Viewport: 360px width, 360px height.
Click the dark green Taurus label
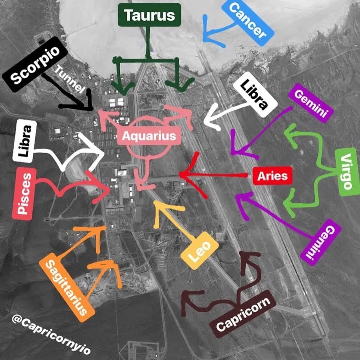pyautogui.click(x=150, y=15)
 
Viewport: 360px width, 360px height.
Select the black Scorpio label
pyautogui.click(x=35, y=64)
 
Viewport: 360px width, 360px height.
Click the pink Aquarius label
pyautogui.click(x=149, y=136)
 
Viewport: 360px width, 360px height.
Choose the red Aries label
pyautogui.click(x=272, y=176)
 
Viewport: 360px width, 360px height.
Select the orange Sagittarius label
pyautogui.click(x=67, y=291)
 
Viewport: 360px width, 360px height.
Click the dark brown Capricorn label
pyautogui.click(x=243, y=314)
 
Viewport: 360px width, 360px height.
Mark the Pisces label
pyautogui.click(x=24, y=194)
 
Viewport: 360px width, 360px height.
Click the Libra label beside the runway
pyautogui.click(x=255, y=94)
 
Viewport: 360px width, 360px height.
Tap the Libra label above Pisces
pyautogui.click(x=25, y=141)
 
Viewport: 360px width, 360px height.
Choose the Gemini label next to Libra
pyautogui.click(x=311, y=103)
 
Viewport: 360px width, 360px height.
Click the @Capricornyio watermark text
pyautogui.click(x=51, y=334)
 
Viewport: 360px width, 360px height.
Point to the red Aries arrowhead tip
pyautogui.click(x=180, y=175)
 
